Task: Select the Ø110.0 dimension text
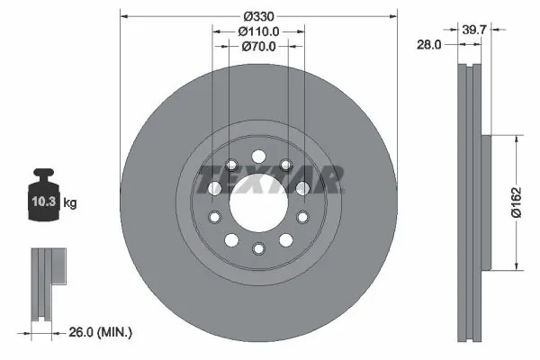click(258, 31)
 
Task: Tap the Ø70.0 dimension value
click(258, 48)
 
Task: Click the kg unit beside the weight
click(70, 203)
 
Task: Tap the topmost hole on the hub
click(258, 154)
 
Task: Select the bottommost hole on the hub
click(258, 248)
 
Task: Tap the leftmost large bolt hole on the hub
click(214, 187)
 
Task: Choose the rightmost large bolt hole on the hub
click(302, 187)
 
